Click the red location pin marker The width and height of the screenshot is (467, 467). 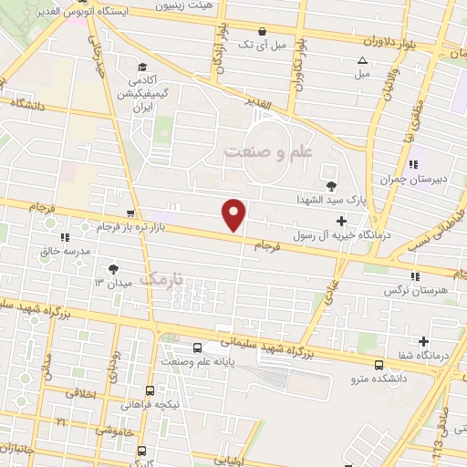click(x=235, y=215)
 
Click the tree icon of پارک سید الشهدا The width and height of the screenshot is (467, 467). click(x=331, y=182)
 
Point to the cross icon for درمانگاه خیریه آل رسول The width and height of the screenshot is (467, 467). click(x=342, y=221)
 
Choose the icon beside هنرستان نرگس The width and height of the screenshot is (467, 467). click(x=415, y=276)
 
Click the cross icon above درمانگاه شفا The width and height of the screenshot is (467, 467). click(x=423, y=341)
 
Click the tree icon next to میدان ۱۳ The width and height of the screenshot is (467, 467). click(x=114, y=268)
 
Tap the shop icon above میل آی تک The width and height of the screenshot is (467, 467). click(x=262, y=29)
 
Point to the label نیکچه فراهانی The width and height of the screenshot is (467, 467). click(x=152, y=403)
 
